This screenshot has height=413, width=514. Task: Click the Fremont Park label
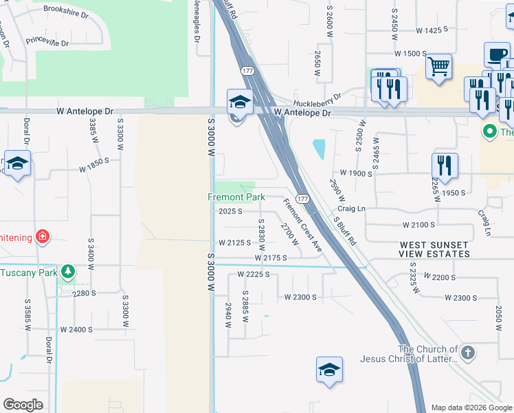coord(236,198)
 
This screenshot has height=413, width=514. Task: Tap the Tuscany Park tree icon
coord(67,272)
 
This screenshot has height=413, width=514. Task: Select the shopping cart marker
coord(438,67)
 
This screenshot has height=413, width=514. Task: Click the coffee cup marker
coord(496,54)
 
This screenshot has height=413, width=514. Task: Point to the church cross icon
coord(467,354)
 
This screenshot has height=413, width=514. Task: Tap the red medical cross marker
coord(43,237)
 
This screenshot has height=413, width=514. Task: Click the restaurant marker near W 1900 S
coord(445,165)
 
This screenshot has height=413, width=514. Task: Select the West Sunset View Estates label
coord(435,250)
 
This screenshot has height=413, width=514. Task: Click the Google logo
coord(23,404)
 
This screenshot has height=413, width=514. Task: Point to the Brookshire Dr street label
coord(66,11)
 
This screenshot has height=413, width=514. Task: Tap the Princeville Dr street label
coord(47,43)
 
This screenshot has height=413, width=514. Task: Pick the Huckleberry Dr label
coord(317,98)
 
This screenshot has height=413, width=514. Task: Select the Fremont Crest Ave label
coord(302,224)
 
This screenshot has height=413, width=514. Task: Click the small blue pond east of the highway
coord(320,149)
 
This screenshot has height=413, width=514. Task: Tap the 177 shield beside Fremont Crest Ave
coord(303,198)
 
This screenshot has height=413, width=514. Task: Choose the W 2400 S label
coord(76,330)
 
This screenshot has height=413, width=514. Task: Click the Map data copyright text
coord(471,407)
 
